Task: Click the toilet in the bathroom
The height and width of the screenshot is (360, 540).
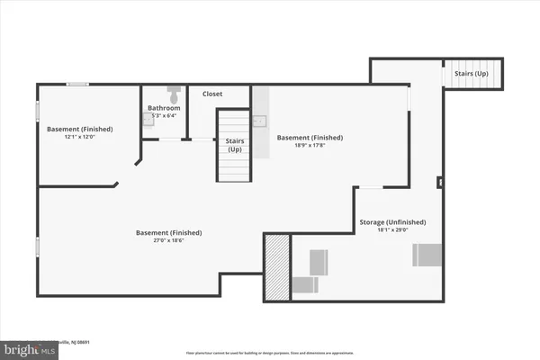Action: [174, 92]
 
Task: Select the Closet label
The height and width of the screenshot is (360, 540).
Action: [212, 94]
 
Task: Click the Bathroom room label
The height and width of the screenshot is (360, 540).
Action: [164, 108]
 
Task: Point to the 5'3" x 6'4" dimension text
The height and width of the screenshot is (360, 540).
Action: [164, 115]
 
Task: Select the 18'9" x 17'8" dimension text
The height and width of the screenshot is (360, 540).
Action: [310, 146]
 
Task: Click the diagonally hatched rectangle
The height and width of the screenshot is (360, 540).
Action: [277, 266]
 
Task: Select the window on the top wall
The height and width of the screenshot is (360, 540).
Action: [78, 85]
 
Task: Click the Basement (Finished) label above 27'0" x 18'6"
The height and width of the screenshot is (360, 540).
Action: [168, 232]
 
